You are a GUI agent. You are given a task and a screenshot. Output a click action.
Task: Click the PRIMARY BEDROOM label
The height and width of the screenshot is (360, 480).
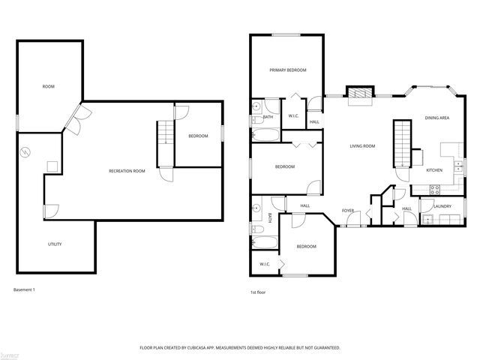click(288, 70)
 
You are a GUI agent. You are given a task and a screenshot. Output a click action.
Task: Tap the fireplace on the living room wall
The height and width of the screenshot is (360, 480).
click(358, 92)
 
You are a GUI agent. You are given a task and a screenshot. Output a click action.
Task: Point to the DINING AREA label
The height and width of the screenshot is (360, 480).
click(436, 118)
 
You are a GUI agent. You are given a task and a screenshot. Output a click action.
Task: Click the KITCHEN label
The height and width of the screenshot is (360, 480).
click(434, 170)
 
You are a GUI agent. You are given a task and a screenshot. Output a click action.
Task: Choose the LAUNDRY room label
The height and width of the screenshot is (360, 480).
click(441, 205)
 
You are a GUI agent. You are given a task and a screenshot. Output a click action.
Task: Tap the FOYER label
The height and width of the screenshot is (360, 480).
click(348, 210)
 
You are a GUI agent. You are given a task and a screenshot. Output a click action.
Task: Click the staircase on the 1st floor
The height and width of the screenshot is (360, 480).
click(403, 142)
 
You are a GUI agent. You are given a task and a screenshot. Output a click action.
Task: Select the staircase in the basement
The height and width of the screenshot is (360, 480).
click(165, 142)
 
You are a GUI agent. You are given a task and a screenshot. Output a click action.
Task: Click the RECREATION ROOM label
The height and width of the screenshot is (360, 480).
click(127, 171)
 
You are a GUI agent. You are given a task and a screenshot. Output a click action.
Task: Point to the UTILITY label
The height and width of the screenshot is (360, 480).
click(55, 244)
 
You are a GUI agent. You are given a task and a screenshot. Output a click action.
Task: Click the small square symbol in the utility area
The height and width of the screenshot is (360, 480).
click(52, 166)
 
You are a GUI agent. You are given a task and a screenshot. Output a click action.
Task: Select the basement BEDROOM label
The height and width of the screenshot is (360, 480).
click(198, 136)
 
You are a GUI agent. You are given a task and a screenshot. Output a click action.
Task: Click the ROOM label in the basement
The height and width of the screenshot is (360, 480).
click(49, 87)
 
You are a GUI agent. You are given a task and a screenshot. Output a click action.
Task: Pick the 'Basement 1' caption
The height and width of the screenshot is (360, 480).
click(25, 289)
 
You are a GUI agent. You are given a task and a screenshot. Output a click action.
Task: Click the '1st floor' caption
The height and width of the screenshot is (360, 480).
click(258, 292)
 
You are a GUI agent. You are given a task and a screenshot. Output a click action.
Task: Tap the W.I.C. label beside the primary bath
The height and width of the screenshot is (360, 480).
click(294, 115)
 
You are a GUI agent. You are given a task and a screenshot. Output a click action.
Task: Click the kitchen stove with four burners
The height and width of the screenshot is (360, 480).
click(435, 188)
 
